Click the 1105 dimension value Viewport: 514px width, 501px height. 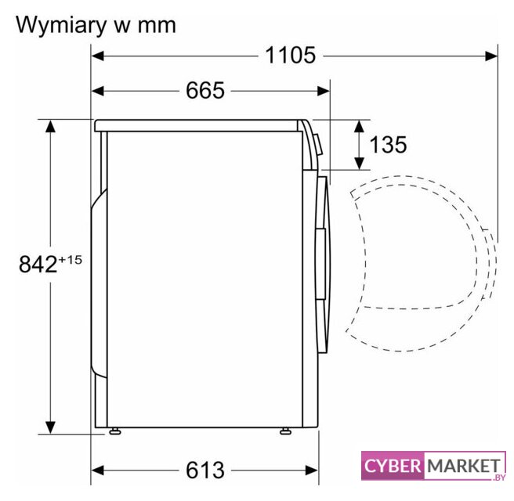click(x=290, y=55)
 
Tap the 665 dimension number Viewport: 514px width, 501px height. click(x=205, y=90)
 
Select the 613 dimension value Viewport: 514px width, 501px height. click(x=205, y=470)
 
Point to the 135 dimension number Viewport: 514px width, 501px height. click(x=388, y=144)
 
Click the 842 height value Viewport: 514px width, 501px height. click(x=38, y=265)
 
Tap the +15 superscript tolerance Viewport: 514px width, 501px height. click(x=71, y=260)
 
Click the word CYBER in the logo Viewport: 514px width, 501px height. click(x=393, y=466)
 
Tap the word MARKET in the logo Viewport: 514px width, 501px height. click(x=464, y=466)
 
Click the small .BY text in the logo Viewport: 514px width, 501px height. click(x=498, y=478)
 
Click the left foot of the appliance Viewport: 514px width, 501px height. click(x=114, y=431)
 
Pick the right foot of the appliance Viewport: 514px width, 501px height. click(x=285, y=431)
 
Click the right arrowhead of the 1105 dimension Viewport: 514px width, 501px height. click(x=491, y=56)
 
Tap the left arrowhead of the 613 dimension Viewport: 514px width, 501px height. click(x=97, y=470)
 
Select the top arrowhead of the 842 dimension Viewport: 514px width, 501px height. click(x=50, y=126)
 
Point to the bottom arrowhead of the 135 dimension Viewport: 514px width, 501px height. click(x=360, y=164)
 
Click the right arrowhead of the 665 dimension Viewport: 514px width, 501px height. click(x=324, y=91)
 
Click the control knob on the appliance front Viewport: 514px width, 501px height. click(x=317, y=144)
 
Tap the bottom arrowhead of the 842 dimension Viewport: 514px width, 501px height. click(x=50, y=427)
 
